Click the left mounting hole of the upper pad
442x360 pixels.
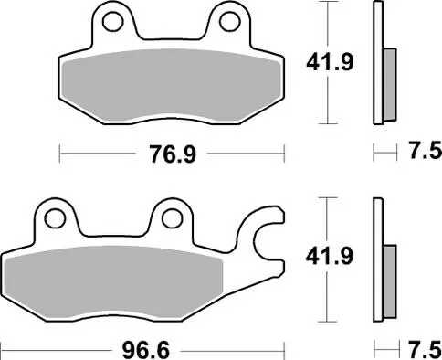click(x=113, y=20)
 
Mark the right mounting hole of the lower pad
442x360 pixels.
click(x=172, y=218)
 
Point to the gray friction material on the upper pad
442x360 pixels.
click(x=171, y=87)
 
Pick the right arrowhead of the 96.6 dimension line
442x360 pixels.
click(x=283, y=348)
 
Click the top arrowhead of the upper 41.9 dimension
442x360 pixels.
click(x=327, y=5)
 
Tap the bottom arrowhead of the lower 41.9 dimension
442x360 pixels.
click(x=327, y=320)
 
